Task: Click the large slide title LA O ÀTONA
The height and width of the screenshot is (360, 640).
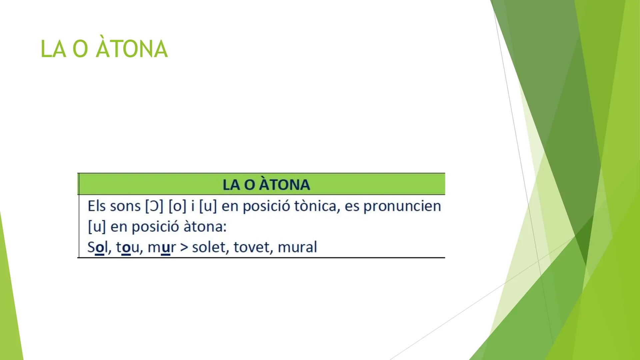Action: (104, 49)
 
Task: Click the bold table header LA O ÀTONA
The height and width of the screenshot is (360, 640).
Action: (266, 185)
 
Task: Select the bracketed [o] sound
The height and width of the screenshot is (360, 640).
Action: (177, 206)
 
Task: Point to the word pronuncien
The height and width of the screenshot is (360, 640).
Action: (402, 206)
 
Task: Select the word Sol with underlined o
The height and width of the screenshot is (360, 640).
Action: (96, 247)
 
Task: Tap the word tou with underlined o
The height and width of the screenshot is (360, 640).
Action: (127, 247)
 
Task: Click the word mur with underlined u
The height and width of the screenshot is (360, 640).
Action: (161, 247)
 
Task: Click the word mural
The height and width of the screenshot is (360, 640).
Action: (297, 247)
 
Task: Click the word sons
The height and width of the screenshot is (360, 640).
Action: (125, 206)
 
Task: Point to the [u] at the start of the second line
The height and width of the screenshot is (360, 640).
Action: (96, 227)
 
